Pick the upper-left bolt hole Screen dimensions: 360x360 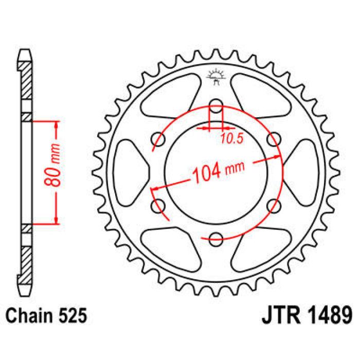click(157, 137)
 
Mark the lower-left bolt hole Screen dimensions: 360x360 click(157, 205)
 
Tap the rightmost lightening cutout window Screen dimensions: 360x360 click(302, 171)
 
